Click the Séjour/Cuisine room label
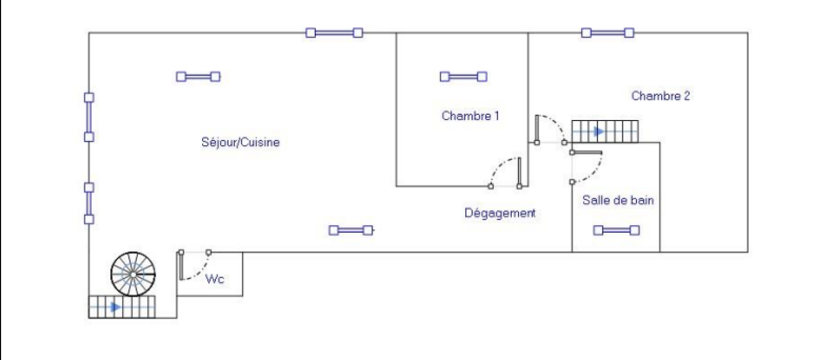(x=240, y=142)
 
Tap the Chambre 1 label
(x=470, y=116)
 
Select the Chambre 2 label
(x=660, y=96)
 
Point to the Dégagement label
(x=500, y=213)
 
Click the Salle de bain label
(x=618, y=200)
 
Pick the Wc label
(x=215, y=279)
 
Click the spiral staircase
(x=133, y=274)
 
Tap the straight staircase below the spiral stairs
(x=122, y=307)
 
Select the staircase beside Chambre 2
(x=605, y=132)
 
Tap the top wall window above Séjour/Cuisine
(x=334, y=33)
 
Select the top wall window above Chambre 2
(x=608, y=33)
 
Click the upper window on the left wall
(x=89, y=117)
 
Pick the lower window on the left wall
(x=89, y=203)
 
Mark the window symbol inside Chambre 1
(x=463, y=77)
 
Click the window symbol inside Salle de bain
(x=616, y=230)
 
